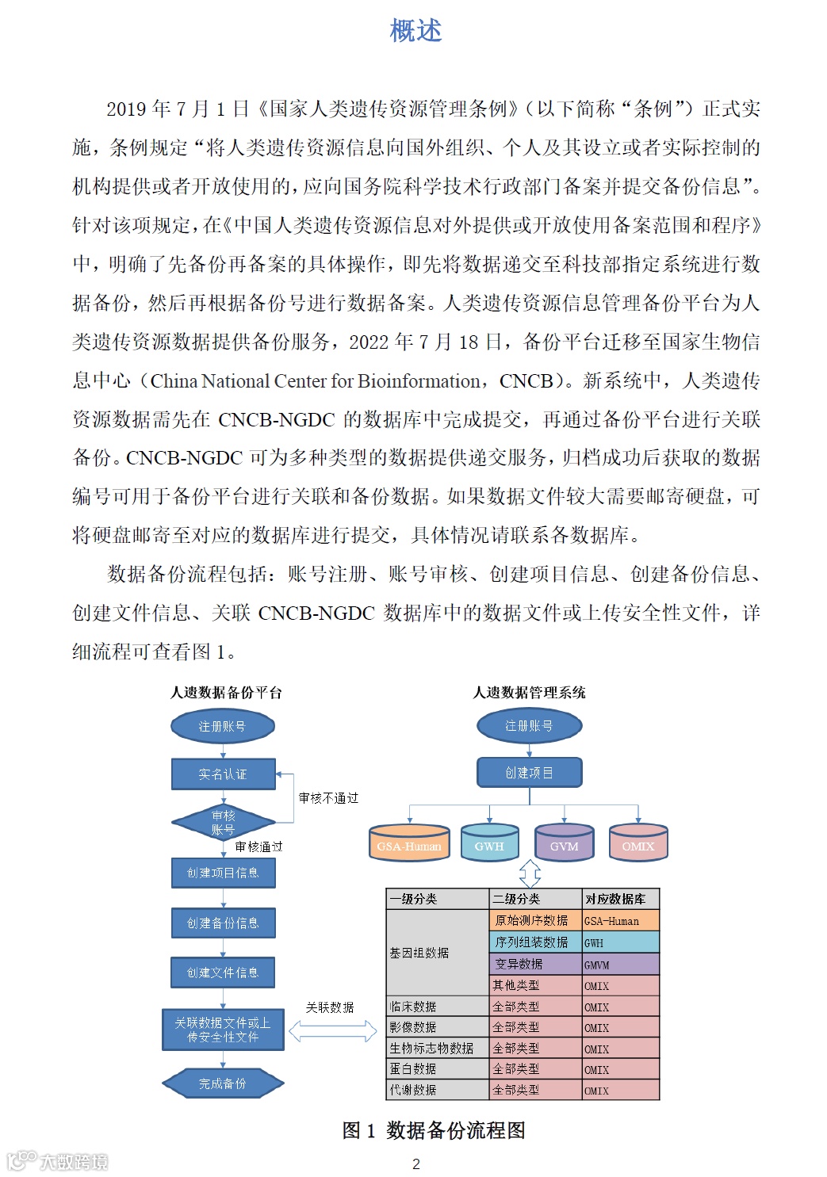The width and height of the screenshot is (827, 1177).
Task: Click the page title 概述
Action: pos(415,31)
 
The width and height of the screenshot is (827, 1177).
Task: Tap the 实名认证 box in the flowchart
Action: pos(223,774)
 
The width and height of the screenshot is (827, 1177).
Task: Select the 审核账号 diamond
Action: pos(223,823)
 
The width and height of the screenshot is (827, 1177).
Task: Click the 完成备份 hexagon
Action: pos(223,1083)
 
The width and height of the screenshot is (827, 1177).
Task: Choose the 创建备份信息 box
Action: pos(223,923)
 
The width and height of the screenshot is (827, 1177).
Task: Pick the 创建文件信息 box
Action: pos(223,973)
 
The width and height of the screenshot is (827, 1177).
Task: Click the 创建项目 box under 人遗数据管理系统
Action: pos(529,773)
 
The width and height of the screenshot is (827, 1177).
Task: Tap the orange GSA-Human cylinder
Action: pos(409,843)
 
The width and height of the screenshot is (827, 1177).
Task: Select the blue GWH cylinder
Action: pos(489,843)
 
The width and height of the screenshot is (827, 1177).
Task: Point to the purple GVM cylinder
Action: pos(564,843)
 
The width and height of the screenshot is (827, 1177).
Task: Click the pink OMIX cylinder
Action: pos(638,843)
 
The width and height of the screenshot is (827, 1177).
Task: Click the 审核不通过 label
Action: pos(328,798)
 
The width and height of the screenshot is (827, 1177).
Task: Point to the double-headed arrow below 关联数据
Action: pos(332,1030)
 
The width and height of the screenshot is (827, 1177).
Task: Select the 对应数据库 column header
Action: pos(615,899)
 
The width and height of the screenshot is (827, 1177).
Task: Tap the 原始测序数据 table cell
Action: pos(531,920)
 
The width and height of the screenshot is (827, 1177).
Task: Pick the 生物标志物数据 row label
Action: pos(431,1048)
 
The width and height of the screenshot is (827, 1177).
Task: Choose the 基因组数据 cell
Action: pos(419,953)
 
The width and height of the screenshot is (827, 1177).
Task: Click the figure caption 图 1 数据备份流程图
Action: pos(434,1130)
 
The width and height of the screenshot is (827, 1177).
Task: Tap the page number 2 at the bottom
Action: pos(416,1164)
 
